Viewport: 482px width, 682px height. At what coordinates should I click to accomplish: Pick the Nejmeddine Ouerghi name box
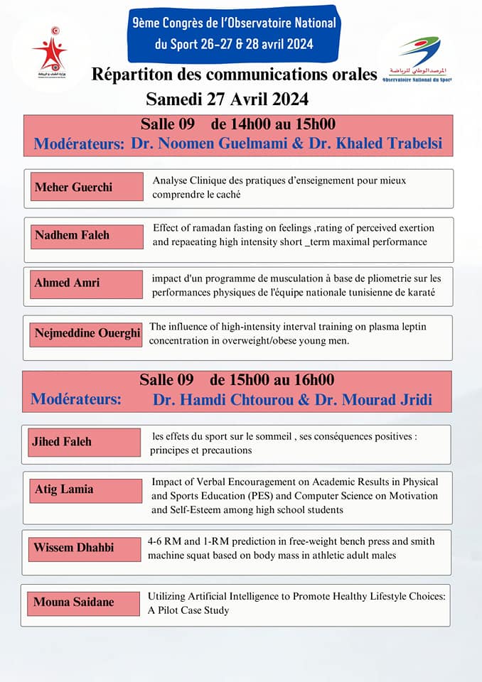87,333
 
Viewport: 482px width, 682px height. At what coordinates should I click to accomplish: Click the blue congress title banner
235,33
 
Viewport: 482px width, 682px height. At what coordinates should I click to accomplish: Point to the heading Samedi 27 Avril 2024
227,97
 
